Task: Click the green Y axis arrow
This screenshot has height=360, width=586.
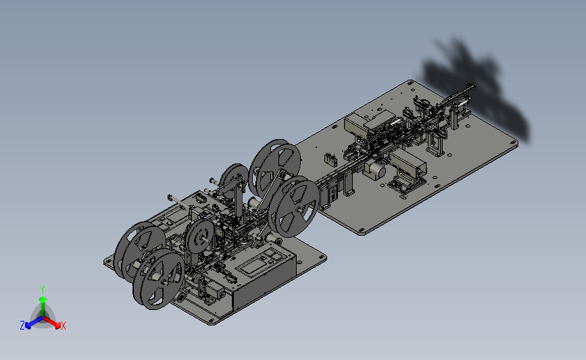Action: pyautogui.click(x=43, y=306)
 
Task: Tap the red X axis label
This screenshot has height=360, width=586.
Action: pyautogui.click(x=63, y=326)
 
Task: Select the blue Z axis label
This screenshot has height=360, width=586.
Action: pyautogui.click(x=22, y=326)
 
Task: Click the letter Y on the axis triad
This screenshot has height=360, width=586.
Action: pyautogui.click(x=43, y=290)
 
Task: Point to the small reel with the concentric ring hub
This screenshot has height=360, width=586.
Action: pyautogui.click(x=200, y=237)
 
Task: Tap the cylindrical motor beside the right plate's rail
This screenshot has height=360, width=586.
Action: pyautogui.click(x=375, y=170)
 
